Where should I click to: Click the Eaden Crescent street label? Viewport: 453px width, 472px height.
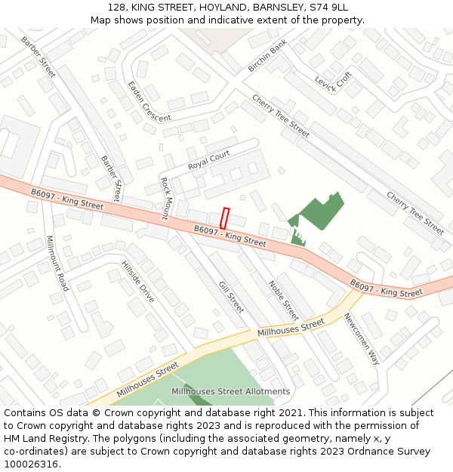(x=148, y=103)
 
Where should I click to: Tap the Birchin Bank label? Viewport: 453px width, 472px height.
(x=267, y=57)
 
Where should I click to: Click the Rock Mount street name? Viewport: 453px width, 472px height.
(x=165, y=199)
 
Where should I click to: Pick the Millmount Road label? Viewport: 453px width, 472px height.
(x=57, y=263)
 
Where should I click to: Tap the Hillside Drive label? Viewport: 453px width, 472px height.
(x=137, y=282)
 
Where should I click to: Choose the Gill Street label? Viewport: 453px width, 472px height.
(x=231, y=297)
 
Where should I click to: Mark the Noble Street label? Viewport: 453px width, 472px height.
(x=284, y=300)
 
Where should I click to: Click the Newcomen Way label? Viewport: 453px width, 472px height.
(x=361, y=338)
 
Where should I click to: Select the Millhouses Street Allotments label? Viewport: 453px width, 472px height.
(x=230, y=391)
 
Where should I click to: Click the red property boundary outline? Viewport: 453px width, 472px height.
(x=224, y=218)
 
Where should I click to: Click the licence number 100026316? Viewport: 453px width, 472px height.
(x=32, y=464)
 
